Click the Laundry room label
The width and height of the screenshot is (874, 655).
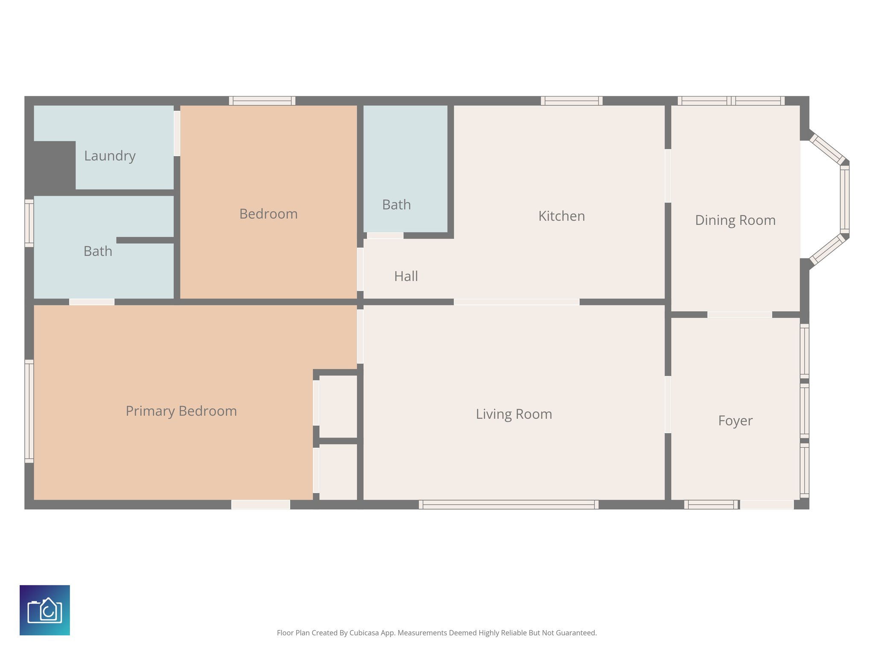click(x=110, y=156)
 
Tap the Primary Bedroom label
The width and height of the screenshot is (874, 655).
click(x=181, y=411)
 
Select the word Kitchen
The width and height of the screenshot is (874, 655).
click(x=561, y=216)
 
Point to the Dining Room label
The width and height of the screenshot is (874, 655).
click(x=735, y=220)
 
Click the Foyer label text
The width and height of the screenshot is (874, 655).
click(x=735, y=421)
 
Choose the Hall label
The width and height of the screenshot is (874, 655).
click(x=406, y=276)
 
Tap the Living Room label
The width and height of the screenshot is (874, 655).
click(x=514, y=414)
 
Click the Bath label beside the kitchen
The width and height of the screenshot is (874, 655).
click(x=396, y=205)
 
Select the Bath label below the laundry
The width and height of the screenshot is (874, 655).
click(x=98, y=251)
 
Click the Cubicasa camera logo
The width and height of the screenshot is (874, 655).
click(x=45, y=610)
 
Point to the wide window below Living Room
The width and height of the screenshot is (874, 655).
click(x=508, y=504)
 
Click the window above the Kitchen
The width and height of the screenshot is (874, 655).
click(x=571, y=101)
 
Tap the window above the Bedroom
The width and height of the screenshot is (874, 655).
click(x=262, y=101)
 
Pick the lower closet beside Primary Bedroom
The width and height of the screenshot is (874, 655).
click(x=338, y=471)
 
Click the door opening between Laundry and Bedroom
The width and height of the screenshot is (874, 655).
click(x=177, y=133)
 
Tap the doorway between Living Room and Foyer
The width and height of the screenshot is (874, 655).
click(x=668, y=404)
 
